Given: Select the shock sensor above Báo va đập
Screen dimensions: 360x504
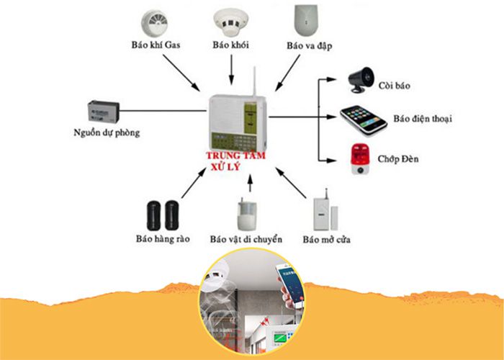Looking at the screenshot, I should pos(305,21).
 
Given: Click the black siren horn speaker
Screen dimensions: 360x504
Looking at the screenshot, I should pos(361,78).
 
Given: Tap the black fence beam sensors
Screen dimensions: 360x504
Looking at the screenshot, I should pos(162,213).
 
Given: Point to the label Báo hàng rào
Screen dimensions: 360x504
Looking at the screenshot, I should pos(162,239).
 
